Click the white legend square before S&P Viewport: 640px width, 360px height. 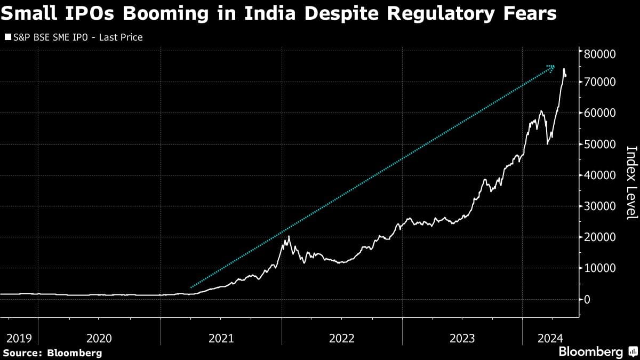(7, 38)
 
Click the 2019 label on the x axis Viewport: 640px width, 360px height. (19, 338)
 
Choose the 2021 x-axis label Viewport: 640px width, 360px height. (221, 338)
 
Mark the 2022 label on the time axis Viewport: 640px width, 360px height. (342, 338)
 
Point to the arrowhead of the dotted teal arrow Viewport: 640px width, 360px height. (553, 67)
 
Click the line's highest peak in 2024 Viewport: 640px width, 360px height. (564, 69)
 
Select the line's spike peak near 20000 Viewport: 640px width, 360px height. (289, 236)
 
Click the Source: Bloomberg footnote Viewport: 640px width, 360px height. (52, 353)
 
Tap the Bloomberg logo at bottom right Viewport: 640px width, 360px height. (597, 352)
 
